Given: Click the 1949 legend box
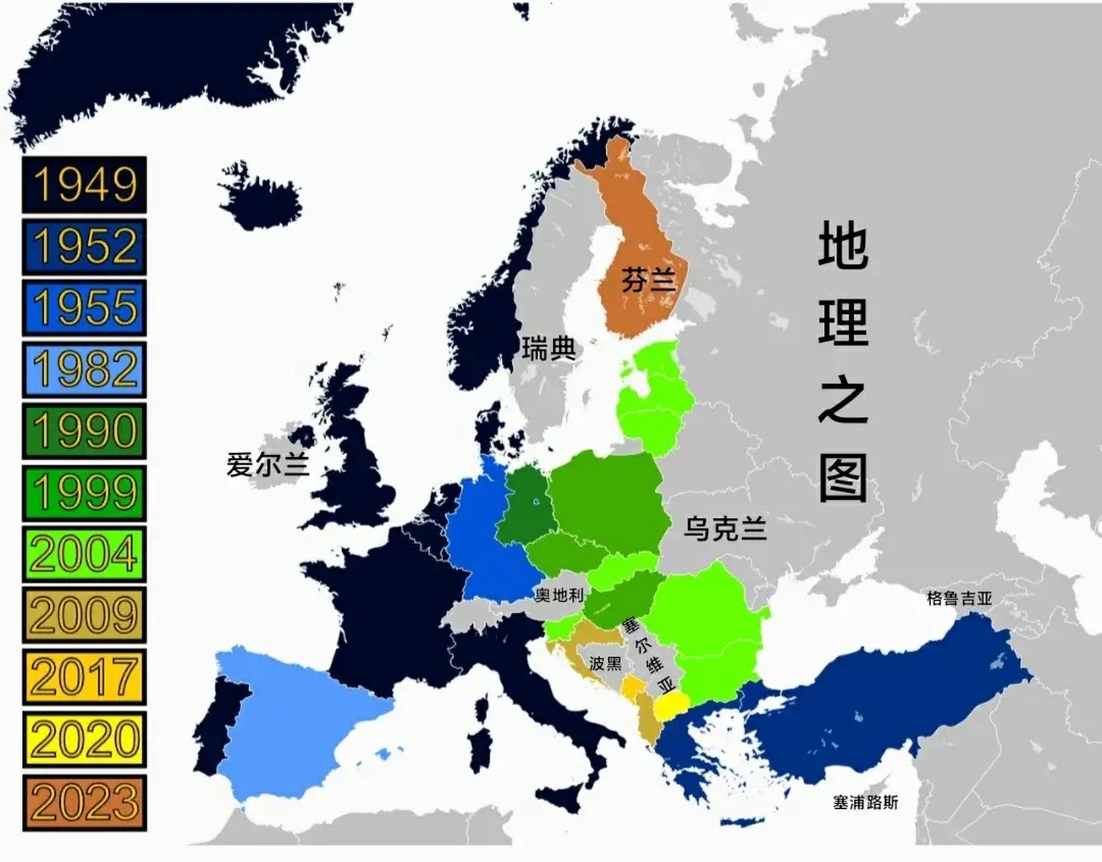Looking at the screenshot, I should [84, 185].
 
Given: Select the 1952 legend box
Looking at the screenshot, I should [84, 246].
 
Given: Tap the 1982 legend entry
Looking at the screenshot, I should [84, 370].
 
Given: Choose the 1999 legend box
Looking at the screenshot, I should [84, 493].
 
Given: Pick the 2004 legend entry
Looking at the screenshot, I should [84, 554].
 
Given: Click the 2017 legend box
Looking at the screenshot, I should [84, 677].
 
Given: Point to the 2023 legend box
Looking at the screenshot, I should [84, 802].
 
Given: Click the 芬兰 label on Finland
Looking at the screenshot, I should [647, 279].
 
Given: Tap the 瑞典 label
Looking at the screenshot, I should [549, 348].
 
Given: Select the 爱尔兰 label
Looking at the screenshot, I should [267, 465].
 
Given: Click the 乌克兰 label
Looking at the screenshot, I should [725, 528].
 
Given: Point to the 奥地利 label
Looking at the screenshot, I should [559, 595].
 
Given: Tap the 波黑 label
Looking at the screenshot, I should [606, 663].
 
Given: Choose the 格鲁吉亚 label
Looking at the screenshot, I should [959, 598].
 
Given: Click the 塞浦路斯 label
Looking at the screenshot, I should [865, 802].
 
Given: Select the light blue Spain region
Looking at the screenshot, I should [296, 714].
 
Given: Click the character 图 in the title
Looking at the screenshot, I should [843, 477].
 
